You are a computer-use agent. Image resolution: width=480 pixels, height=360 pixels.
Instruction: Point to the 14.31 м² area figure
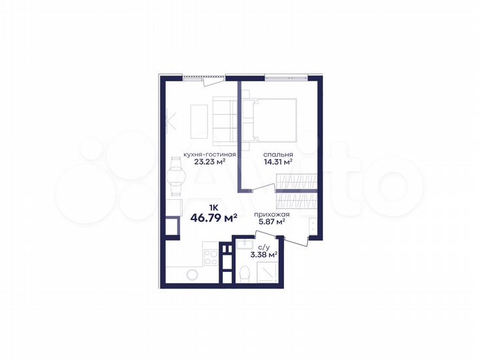click(279, 161)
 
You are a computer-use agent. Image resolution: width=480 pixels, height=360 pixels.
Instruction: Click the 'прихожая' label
click(270, 214)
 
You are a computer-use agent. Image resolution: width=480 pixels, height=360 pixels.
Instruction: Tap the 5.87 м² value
click(271, 222)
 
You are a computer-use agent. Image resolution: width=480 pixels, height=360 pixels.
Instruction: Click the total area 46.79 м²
click(215, 217)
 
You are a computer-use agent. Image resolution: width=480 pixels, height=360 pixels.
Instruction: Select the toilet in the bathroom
click(245, 273)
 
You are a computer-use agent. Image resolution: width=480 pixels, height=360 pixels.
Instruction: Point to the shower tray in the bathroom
click(266, 273)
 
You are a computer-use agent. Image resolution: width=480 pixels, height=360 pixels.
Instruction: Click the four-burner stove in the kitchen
click(209, 255)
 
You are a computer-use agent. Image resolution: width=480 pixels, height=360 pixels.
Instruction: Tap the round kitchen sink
click(192, 274)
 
